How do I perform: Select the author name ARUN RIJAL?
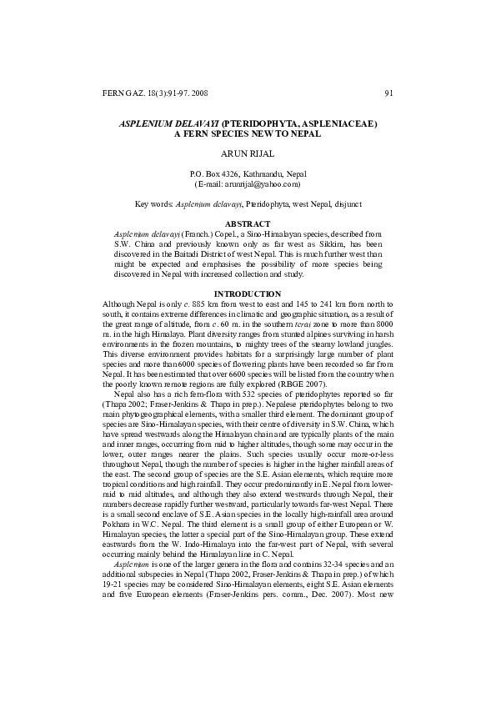pyautogui.click(x=247, y=153)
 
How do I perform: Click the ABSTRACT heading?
pyautogui.click(x=247, y=224)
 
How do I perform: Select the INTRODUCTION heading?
pyautogui.click(x=248, y=293)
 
